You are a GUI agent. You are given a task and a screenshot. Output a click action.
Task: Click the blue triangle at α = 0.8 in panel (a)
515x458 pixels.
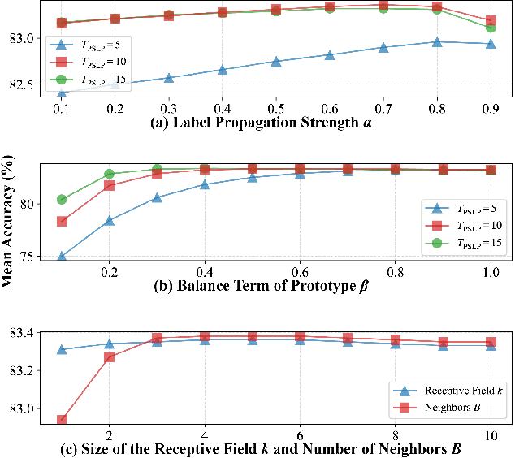point(437,41)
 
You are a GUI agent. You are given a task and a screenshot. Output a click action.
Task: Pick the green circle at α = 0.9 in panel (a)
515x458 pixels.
point(491,28)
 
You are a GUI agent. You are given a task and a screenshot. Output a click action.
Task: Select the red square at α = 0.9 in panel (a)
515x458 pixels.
point(491,21)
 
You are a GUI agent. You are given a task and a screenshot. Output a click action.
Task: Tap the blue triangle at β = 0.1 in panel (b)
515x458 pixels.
point(62,257)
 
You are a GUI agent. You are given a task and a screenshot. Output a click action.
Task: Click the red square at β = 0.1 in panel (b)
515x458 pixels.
point(62,222)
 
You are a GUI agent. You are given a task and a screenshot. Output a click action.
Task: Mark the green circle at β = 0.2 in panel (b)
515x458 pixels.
point(110,174)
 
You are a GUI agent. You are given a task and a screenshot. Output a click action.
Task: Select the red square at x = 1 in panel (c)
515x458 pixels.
point(62,421)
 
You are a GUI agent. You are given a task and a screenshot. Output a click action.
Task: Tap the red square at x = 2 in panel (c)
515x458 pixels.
point(110,357)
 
